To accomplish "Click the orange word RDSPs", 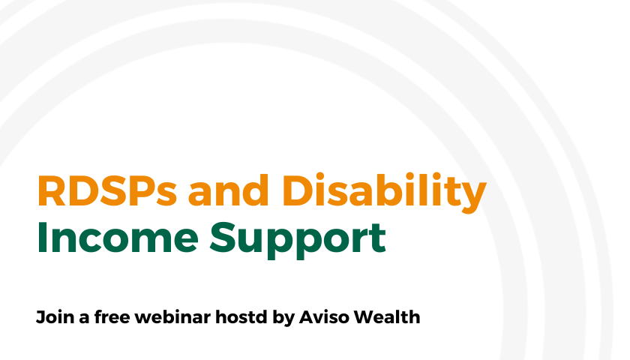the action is [107, 190].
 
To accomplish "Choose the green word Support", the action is [298, 240].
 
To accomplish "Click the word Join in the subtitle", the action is [55, 317].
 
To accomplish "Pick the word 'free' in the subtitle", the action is [112, 316].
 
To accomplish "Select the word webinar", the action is [172, 316].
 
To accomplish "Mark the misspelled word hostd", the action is [241, 316].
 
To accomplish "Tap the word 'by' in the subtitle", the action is [283, 318].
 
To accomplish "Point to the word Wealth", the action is [387, 316].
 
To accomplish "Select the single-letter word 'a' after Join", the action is [84, 319].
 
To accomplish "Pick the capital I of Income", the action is [41, 238].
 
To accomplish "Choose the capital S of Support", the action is [223, 238].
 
